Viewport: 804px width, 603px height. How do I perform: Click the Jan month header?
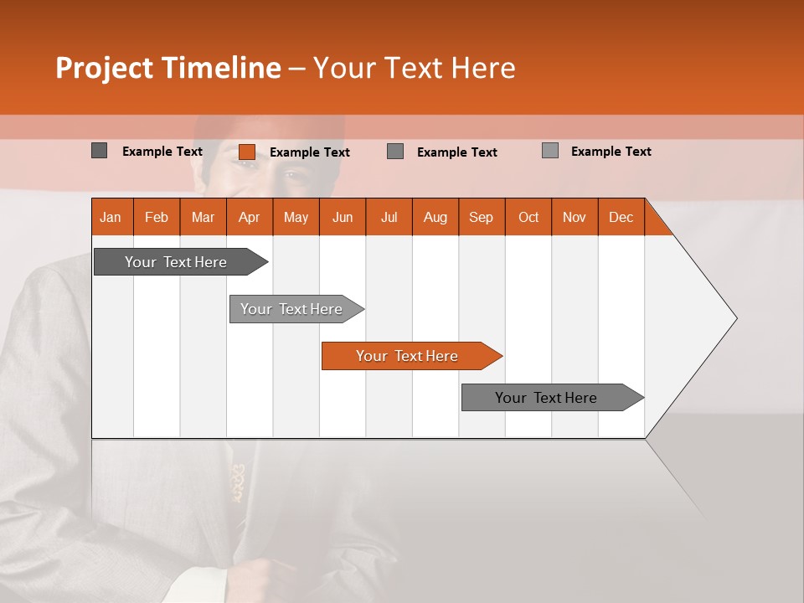click(111, 218)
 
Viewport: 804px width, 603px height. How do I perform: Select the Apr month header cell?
click(250, 218)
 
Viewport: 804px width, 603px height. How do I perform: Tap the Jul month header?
click(389, 218)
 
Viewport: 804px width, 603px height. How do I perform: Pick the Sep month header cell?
click(481, 218)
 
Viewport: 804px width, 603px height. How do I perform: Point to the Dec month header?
click(621, 218)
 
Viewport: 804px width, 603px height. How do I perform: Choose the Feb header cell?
click(157, 218)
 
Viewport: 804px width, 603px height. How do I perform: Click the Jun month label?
click(343, 218)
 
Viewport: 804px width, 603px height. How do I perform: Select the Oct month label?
click(528, 218)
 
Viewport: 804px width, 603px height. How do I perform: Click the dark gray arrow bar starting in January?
click(177, 262)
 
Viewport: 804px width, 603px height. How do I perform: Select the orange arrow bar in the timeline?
click(408, 356)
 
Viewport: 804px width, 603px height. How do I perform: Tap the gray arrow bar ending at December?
click(547, 398)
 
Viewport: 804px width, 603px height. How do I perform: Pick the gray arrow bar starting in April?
click(292, 309)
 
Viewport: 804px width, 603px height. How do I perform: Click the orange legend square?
click(247, 152)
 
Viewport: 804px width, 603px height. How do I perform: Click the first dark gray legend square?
click(100, 151)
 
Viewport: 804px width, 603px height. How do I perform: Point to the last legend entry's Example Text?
click(611, 152)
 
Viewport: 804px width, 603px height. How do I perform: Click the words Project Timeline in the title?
click(167, 68)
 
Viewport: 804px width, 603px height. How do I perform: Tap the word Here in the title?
click(483, 68)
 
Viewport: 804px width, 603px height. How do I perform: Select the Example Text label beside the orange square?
click(309, 152)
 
